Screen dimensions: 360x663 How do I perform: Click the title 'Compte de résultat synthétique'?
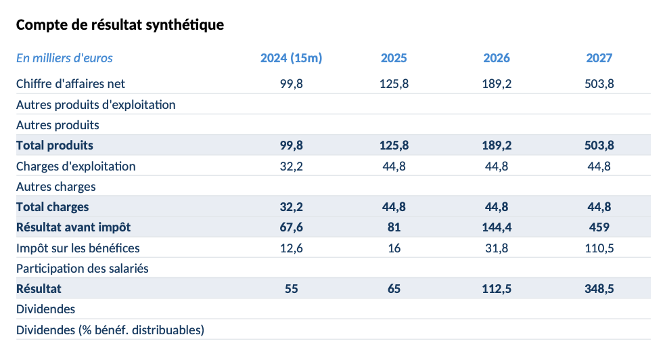pos(120,25)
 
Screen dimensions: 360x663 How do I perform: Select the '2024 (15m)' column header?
pos(291,58)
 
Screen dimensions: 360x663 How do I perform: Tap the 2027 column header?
pos(599,58)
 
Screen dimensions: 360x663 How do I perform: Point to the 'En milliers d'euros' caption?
pos(64,58)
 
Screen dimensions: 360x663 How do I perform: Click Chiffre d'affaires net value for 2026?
pos(497,84)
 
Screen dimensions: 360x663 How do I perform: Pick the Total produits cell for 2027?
pos(599,145)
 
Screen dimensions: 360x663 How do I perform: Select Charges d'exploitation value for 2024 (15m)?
pos(291,166)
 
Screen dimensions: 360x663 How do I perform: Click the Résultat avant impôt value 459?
pos(599,227)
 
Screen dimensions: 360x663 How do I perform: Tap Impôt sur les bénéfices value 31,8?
pos(497,248)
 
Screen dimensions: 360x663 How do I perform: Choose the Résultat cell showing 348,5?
pos(599,289)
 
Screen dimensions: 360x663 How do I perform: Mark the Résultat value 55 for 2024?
pos(291,289)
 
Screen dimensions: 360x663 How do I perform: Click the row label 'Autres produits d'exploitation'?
pos(96,105)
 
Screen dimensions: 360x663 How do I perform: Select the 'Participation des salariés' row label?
pos(83,269)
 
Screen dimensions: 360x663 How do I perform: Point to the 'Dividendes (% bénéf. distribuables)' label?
pos(110,330)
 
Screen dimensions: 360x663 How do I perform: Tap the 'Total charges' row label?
pos(53,207)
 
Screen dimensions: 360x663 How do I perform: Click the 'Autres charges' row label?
pos(56,187)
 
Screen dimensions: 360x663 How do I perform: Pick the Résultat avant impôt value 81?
pos(394,227)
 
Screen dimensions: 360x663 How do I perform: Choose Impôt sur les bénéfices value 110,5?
pos(599,248)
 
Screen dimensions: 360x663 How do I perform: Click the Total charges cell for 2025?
pos(394,207)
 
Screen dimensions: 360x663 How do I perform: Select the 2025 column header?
pos(394,58)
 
